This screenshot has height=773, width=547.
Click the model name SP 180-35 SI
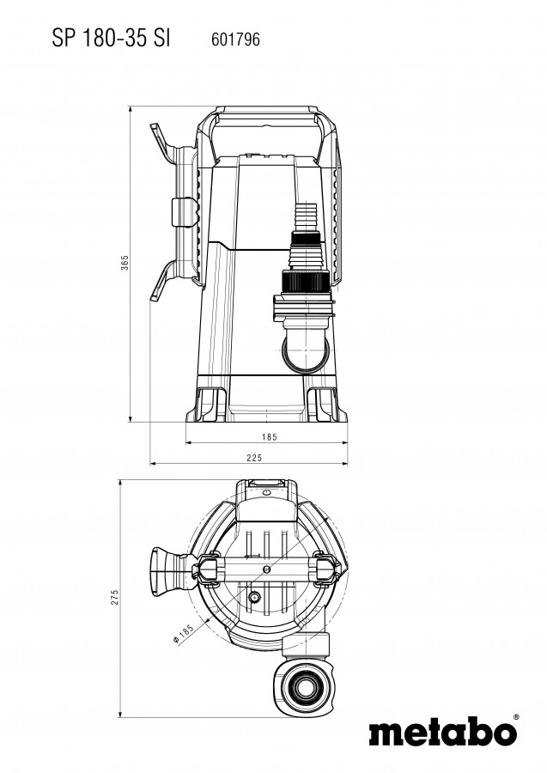[111, 39]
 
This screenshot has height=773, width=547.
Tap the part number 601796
[235, 40]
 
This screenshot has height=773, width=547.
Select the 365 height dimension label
[125, 262]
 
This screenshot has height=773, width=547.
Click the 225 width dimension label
[254, 458]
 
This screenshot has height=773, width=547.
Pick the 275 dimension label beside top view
[115, 597]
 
